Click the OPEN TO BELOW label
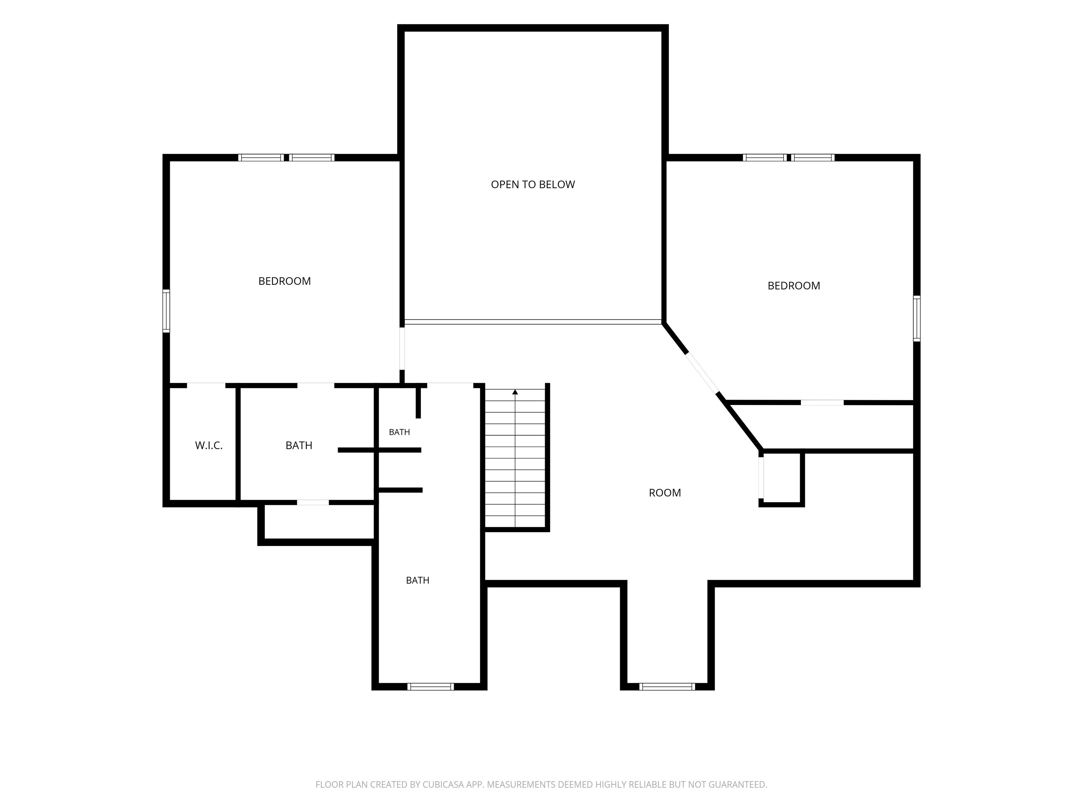(533, 185)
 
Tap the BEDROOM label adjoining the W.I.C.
(284, 281)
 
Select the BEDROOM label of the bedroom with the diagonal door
(794, 286)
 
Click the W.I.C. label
(209, 445)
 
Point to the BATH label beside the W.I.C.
(299, 445)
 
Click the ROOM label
(665, 493)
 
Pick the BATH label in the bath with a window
(418, 580)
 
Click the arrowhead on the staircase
(515, 392)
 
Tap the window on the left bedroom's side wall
(166, 311)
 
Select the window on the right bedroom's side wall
(917, 318)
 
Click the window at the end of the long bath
(430, 687)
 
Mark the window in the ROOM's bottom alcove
(667, 687)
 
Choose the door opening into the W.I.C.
(206, 385)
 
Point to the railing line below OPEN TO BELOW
(533, 322)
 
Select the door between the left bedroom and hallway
(402, 349)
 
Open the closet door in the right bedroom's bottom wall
(822, 403)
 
